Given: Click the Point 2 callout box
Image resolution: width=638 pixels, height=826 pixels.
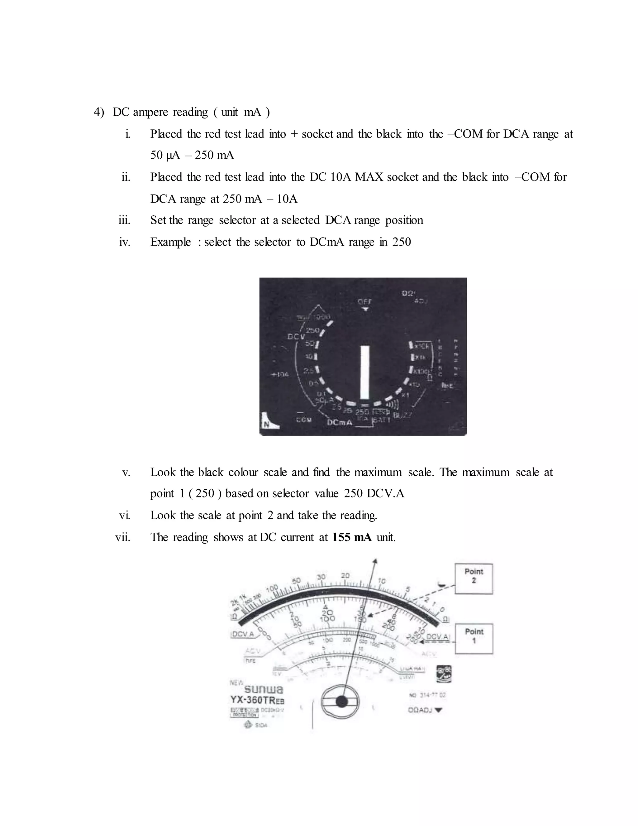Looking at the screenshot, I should [474, 579].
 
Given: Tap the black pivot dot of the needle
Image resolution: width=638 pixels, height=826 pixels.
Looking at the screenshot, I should [341, 702].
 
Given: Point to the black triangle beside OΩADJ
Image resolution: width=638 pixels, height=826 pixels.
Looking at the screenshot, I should [438, 710].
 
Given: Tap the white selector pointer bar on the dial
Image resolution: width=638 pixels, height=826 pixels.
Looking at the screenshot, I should [364, 372].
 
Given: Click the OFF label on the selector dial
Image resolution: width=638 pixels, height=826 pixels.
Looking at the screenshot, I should [365, 301].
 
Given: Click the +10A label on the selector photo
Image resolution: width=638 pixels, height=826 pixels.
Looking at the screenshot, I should [280, 374].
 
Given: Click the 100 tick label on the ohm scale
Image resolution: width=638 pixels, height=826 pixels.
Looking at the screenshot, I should [272, 589].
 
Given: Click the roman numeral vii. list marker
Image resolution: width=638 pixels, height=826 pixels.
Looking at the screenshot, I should [122, 537].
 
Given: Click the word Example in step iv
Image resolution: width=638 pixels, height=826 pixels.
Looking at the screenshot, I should [170, 242].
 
